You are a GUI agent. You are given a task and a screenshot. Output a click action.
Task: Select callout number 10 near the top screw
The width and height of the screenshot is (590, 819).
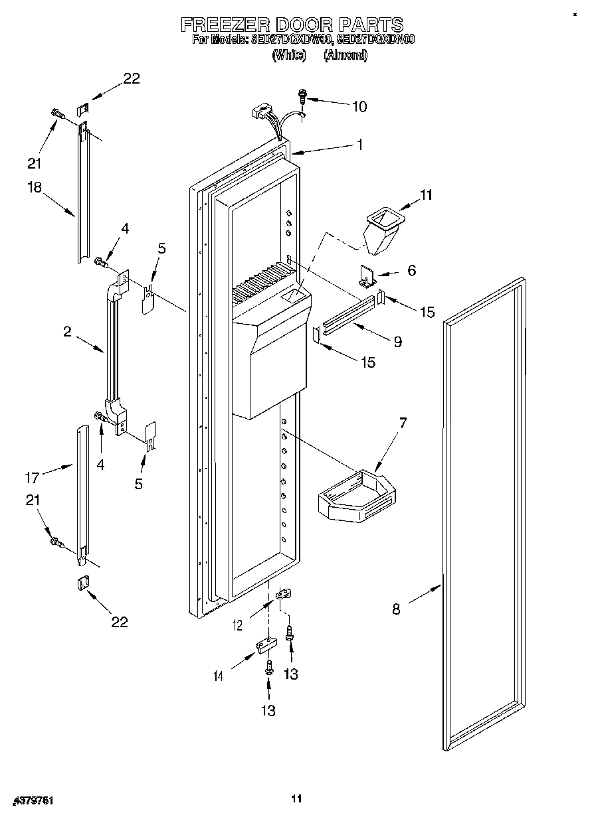(x=359, y=106)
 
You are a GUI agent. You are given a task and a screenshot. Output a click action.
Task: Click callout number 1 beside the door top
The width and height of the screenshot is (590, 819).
(x=359, y=144)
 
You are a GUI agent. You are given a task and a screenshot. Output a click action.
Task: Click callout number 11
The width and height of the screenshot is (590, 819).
(x=425, y=195)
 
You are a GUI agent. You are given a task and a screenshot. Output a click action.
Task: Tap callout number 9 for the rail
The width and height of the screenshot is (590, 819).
(x=397, y=342)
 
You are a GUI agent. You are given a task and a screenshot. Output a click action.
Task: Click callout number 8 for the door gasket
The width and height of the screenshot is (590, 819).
(x=396, y=609)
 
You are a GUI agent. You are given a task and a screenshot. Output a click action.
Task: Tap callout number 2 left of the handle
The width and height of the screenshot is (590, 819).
(x=67, y=332)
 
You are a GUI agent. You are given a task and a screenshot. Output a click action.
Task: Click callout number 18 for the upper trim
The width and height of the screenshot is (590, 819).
(x=34, y=187)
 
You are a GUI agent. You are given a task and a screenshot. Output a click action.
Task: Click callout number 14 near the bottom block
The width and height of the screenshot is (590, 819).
(x=218, y=676)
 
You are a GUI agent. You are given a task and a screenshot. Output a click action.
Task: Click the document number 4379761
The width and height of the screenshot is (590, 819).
(x=33, y=801)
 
